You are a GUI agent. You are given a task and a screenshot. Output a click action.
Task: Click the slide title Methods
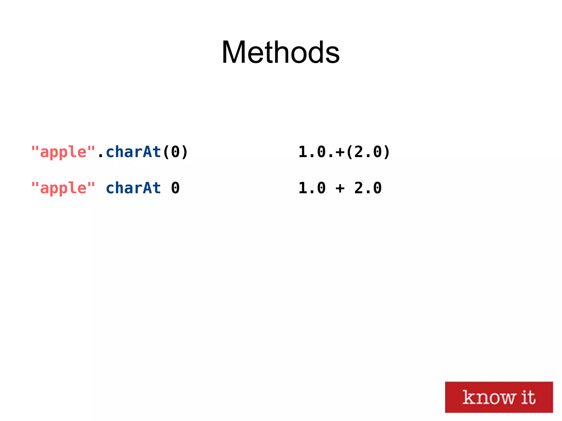click(x=280, y=52)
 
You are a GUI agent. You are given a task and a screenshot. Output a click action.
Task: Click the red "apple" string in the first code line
click(x=63, y=152)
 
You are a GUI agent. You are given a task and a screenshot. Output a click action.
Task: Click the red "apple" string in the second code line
click(x=63, y=188)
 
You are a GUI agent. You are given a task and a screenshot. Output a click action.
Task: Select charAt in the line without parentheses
click(x=133, y=188)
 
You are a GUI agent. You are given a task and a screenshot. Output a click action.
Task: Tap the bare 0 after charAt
click(x=175, y=188)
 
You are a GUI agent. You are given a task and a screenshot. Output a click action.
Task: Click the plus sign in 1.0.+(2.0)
click(x=340, y=152)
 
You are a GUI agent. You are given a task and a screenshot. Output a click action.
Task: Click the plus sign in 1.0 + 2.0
click(x=340, y=188)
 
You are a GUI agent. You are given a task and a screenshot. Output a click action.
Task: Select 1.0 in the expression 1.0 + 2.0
click(x=312, y=188)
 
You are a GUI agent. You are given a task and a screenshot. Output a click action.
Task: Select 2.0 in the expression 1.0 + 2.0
click(x=368, y=188)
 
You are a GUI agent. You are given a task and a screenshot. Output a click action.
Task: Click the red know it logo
click(x=499, y=397)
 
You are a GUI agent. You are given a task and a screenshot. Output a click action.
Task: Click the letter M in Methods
click(x=234, y=52)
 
